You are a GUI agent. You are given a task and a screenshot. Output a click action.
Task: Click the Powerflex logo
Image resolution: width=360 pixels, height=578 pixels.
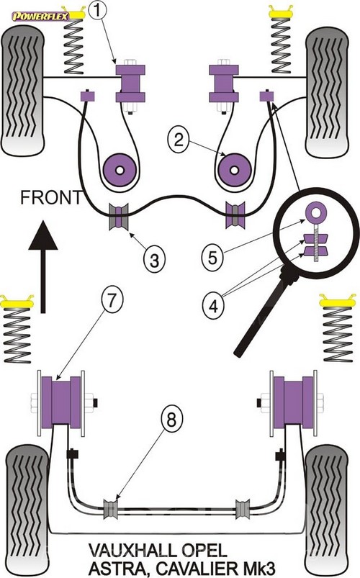pyautogui.click(x=40, y=17)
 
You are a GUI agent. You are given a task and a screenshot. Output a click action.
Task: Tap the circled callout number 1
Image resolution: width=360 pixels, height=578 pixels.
pyautogui.click(x=97, y=10)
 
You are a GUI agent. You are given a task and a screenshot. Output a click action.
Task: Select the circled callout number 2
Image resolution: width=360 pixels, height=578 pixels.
pyautogui.click(x=179, y=140)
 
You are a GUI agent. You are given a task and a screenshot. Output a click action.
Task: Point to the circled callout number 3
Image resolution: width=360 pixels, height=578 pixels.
pyautogui.click(x=154, y=260)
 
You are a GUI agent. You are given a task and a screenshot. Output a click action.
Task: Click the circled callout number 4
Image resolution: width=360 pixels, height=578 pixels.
pyautogui.click(x=213, y=306)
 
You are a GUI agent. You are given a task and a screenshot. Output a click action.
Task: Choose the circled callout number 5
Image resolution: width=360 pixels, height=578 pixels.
pyautogui.click(x=212, y=257)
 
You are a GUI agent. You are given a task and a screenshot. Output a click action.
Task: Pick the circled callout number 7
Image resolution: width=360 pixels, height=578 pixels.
pyautogui.click(x=112, y=300)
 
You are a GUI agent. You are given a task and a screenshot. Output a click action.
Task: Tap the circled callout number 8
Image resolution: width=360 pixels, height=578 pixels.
pyautogui.click(x=171, y=419)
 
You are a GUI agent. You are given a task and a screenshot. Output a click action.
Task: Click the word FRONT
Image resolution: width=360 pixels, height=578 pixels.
pyautogui.click(x=51, y=197)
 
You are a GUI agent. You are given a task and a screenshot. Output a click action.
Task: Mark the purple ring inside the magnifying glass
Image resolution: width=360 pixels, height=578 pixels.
pyautogui.click(x=316, y=212)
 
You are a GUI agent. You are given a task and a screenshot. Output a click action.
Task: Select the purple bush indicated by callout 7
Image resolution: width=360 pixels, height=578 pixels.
pyautogui.click(x=61, y=402)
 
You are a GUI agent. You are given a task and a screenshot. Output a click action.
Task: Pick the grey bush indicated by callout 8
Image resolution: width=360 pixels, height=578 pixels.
pyautogui.click(x=111, y=509)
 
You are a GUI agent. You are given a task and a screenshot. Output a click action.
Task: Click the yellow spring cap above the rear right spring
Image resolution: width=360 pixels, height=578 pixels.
pyautogui.click(x=337, y=301)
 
